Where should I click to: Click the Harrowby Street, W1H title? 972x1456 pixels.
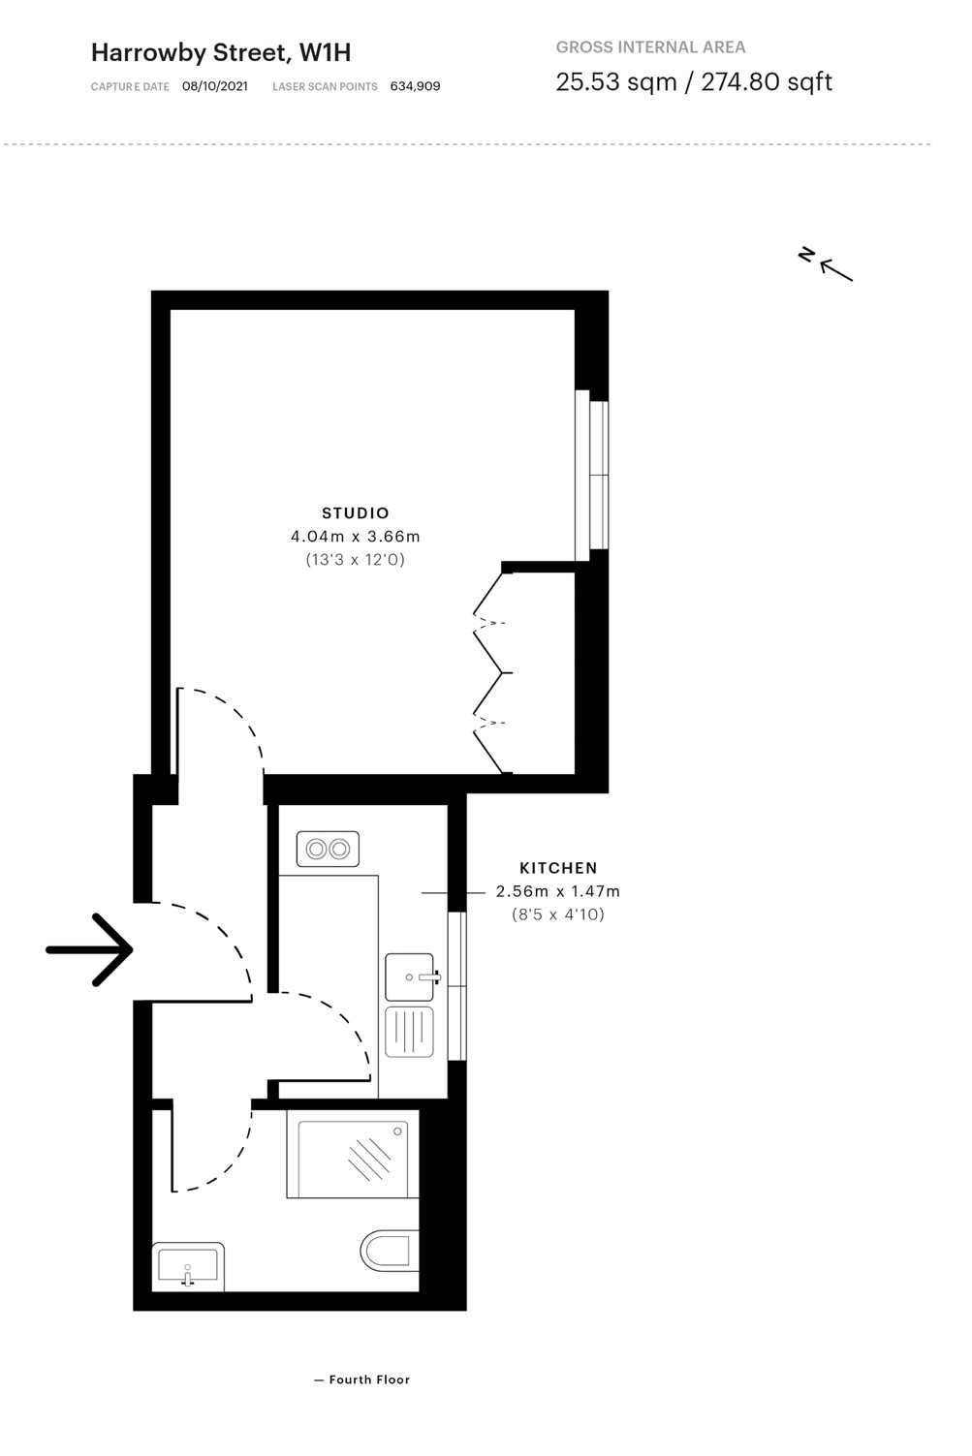(221, 53)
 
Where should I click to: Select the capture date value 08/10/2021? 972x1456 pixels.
(214, 86)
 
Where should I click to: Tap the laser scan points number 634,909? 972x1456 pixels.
(415, 86)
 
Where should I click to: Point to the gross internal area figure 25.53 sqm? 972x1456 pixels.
(615, 82)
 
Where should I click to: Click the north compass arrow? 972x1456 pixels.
(835, 270)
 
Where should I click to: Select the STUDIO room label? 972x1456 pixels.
(356, 512)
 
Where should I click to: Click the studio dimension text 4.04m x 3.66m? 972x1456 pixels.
(355, 537)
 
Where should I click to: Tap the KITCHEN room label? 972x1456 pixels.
(558, 868)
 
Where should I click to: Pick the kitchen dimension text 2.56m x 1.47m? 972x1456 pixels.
(558, 891)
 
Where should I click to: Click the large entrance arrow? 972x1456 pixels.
(89, 949)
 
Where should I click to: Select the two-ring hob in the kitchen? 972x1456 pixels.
(328, 849)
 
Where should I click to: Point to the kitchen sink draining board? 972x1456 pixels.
(409, 1032)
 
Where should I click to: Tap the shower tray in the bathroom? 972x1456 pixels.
(353, 1159)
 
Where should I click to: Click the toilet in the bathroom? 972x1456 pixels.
(390, 1251)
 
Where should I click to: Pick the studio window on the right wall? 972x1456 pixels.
(592, 475)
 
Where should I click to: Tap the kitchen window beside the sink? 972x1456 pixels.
(457, 985)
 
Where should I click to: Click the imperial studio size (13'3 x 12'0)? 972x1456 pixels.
(355, 560)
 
